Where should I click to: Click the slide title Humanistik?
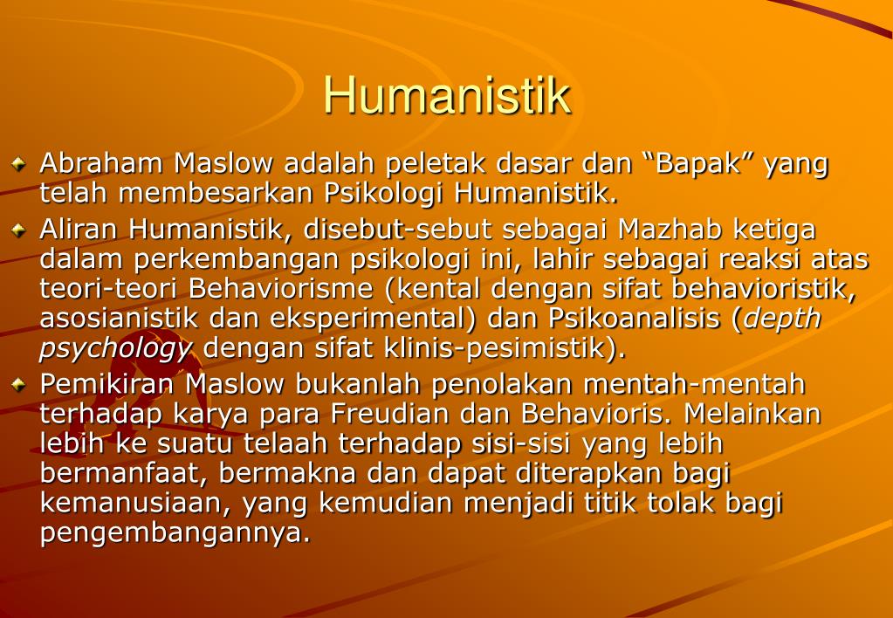447,95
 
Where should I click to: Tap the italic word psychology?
115,347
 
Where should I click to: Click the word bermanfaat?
122,473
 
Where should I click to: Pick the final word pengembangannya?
175,532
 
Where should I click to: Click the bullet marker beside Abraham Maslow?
19,163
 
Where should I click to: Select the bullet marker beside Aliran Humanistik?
19,230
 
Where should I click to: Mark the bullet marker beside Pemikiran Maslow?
19,384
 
